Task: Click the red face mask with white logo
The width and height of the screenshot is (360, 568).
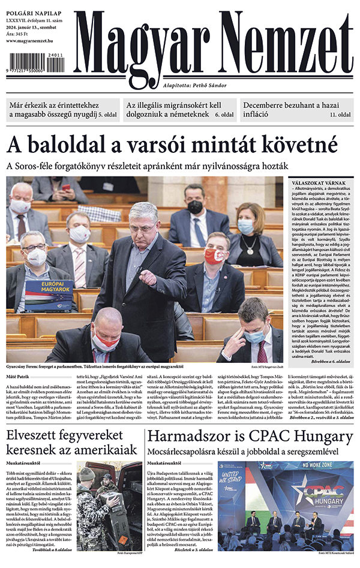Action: (x=214, y=256)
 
